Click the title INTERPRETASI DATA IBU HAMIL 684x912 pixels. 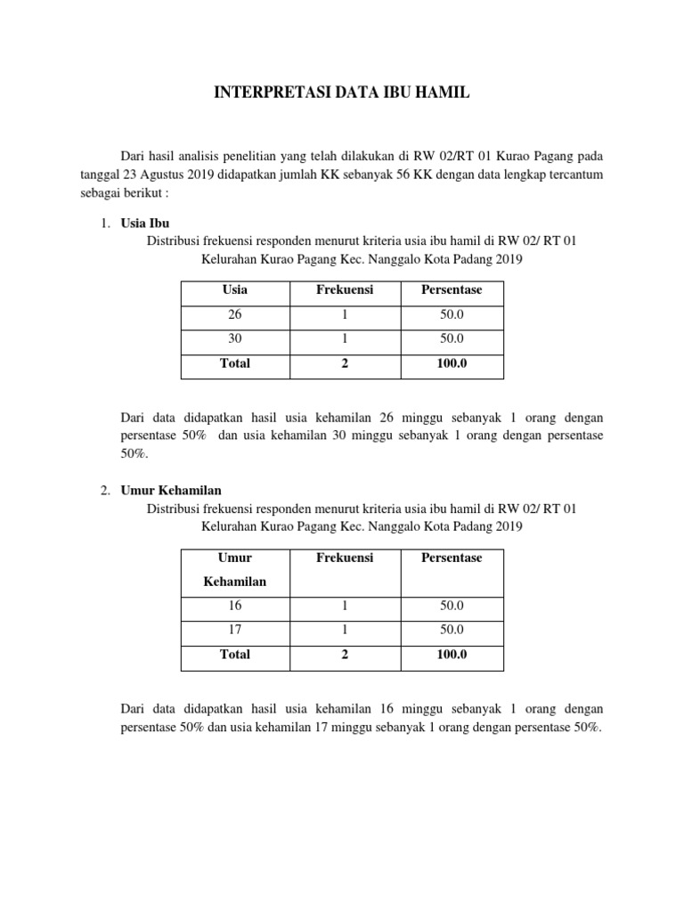[x=341, y=93]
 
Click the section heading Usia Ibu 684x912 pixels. [x=144, y=223]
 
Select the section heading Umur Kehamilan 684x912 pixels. [x=171, y=490]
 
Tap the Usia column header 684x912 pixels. [x=235, y=289]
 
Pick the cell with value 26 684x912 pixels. [x=235, y=315]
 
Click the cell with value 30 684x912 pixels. [x=235, y=339]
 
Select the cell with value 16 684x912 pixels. [x=235, y=606]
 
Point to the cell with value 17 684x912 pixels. [x=235, y=630]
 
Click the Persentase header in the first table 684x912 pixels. [x=452, y=289]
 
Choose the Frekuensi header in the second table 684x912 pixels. [x=345, y=558]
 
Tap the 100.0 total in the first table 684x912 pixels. [x=452, y=363]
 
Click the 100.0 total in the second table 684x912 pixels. [x=452, y=655]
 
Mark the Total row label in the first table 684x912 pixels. [x=235, y=363]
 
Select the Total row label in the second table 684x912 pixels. [x=235, y=655]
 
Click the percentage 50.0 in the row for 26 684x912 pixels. [x=452, y=315]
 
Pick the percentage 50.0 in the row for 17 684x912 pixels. [x=452, y=630]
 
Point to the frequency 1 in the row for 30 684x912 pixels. [x=345, y=339]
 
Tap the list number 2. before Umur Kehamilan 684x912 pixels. [x=105, y=490]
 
